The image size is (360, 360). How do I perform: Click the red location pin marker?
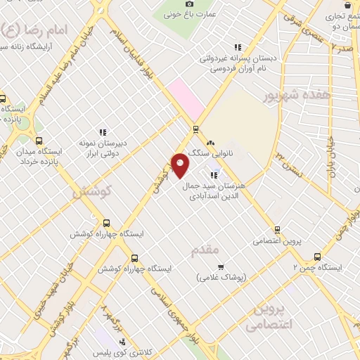[x=180, y=166]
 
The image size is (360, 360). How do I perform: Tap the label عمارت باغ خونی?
[x=189, y=13]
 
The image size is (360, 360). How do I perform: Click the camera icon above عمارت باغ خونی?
[x=189, y=4]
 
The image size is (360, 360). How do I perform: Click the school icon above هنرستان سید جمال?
[x=213, y=175]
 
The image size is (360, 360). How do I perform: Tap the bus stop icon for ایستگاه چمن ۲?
[x=317, y=257]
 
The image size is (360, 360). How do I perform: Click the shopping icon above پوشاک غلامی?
[x=221, y=267]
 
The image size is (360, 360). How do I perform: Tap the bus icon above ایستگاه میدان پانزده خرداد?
[x=39, y=141]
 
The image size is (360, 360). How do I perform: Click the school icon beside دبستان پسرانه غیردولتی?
[x=238, y=47]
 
